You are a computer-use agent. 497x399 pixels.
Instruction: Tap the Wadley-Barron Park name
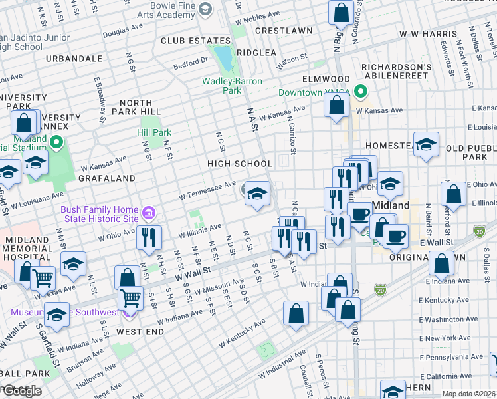click(x=232, y=86)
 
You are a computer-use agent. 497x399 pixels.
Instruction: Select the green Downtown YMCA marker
click(x=361, y=92)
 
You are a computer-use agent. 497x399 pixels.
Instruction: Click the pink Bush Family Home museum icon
click(x=149, y=214)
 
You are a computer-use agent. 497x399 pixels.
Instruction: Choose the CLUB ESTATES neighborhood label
click(x=186, y=41)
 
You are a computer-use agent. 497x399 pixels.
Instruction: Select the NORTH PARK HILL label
click(x=140, y=108)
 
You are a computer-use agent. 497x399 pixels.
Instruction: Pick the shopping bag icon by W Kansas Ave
click(x=337, y=104)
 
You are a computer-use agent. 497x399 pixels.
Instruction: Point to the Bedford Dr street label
click(x=191, y=62)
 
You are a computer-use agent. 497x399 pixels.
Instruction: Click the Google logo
click(x=21, y=391)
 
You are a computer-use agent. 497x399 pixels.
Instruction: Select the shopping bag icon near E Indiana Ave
click(x=442, y=263)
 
